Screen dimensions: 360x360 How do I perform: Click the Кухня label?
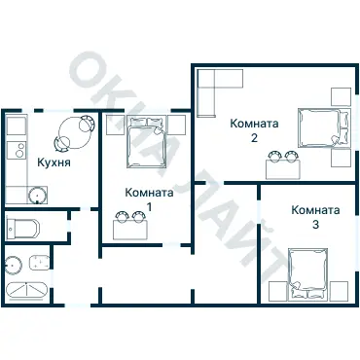pos(54,162)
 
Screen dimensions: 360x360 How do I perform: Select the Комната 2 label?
pos(254,130)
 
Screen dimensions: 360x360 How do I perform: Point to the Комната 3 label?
pos(315,217)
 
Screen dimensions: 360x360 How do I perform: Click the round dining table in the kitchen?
pos(75,132)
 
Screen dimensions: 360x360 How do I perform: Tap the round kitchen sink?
pos(38,196)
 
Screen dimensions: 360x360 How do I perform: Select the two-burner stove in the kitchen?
pos(17,150)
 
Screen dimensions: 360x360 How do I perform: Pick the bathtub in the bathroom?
pos(27,290)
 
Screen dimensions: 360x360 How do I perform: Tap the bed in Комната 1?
pos(147,142)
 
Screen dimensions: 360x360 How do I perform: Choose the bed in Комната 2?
pos(324,127)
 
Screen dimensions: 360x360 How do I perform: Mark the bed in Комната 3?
pos(307,273)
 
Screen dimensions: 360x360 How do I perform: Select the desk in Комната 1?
pos(130,230)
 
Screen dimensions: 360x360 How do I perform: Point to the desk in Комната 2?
pos(283,169)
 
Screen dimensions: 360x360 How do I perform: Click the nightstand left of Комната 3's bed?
pos(278,291)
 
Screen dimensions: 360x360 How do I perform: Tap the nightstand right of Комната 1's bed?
pos(177,125)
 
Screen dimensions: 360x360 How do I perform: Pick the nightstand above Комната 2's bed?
pos(341,96)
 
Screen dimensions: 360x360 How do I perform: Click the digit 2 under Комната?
pos(254,138)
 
